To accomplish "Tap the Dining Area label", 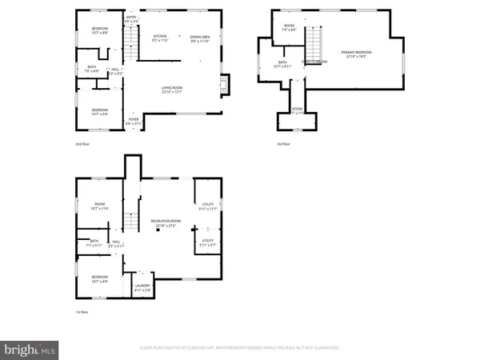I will point(200,38).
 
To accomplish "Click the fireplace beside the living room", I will point(225,84).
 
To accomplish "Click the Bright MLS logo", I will point(30,349).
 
